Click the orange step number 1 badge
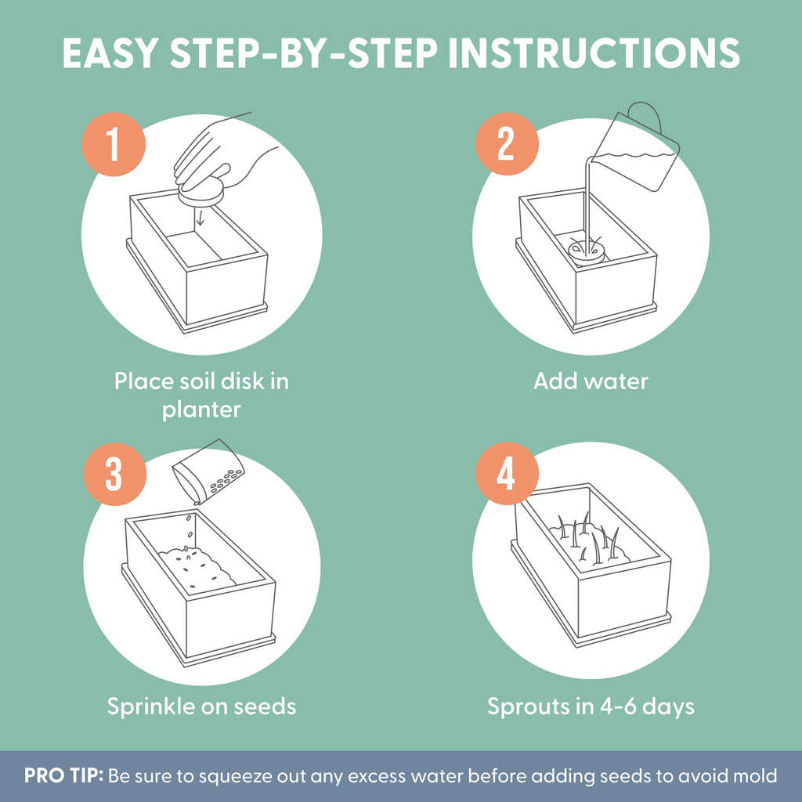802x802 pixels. [x=113, y=145]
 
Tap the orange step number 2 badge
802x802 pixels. [x=507, y=144]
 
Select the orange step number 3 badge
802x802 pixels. [x=114, y=474]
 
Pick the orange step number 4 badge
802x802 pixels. [x=507, y=474]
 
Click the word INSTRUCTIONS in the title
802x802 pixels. [x=594, y=53]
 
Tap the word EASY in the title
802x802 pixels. [x=110, y=53]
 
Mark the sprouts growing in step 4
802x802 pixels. [x=588, y=538]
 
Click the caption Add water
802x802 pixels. [x=591, y=381]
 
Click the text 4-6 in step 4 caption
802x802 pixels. [x=618, y=706]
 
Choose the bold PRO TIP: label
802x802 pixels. [x=64, y=775]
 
